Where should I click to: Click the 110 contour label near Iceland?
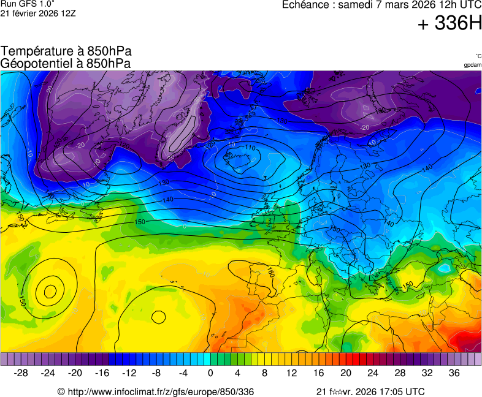coord(250,148)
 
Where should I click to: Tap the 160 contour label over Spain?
coord(270,271)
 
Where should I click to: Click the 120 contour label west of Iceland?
coord(210,143)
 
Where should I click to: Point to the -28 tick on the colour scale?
coord(21,372)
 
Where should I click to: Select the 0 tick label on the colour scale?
coord(210,372)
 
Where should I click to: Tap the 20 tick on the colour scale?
coord(345,372)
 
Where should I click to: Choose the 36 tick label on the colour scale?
coord(454,372)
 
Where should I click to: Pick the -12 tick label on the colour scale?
coord(129,372)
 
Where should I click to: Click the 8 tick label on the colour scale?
coord(264,372)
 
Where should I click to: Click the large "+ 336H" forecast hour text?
coord(449,24)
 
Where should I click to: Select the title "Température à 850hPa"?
coord(66,51)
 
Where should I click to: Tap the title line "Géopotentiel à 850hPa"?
coord(66,63)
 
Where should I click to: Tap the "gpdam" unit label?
coord(472,65)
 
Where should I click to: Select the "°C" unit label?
coord(478,56)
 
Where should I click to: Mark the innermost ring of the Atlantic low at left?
coord(50,290)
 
